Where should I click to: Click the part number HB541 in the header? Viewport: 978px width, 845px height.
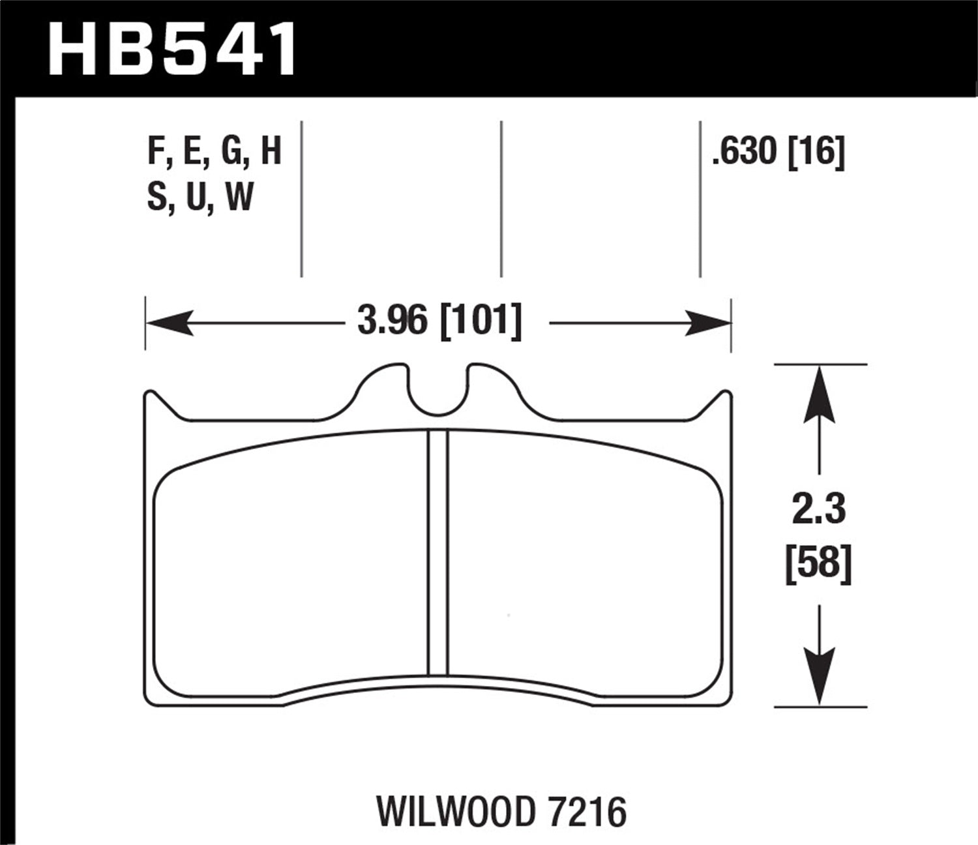point(172,49)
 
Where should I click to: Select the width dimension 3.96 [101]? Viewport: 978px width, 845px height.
point(439,321)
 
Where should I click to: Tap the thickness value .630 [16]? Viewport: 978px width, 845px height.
point(778,153)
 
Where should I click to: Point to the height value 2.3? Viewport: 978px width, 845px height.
point(818,509)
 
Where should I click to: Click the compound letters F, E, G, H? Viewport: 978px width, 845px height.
point(215,151)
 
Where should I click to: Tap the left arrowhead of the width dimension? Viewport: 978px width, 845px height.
point(168,323)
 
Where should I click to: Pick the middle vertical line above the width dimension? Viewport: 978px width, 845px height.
point(501,199)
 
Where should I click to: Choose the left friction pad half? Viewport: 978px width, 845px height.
point(290,561)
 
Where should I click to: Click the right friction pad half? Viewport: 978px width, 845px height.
point(584,561)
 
